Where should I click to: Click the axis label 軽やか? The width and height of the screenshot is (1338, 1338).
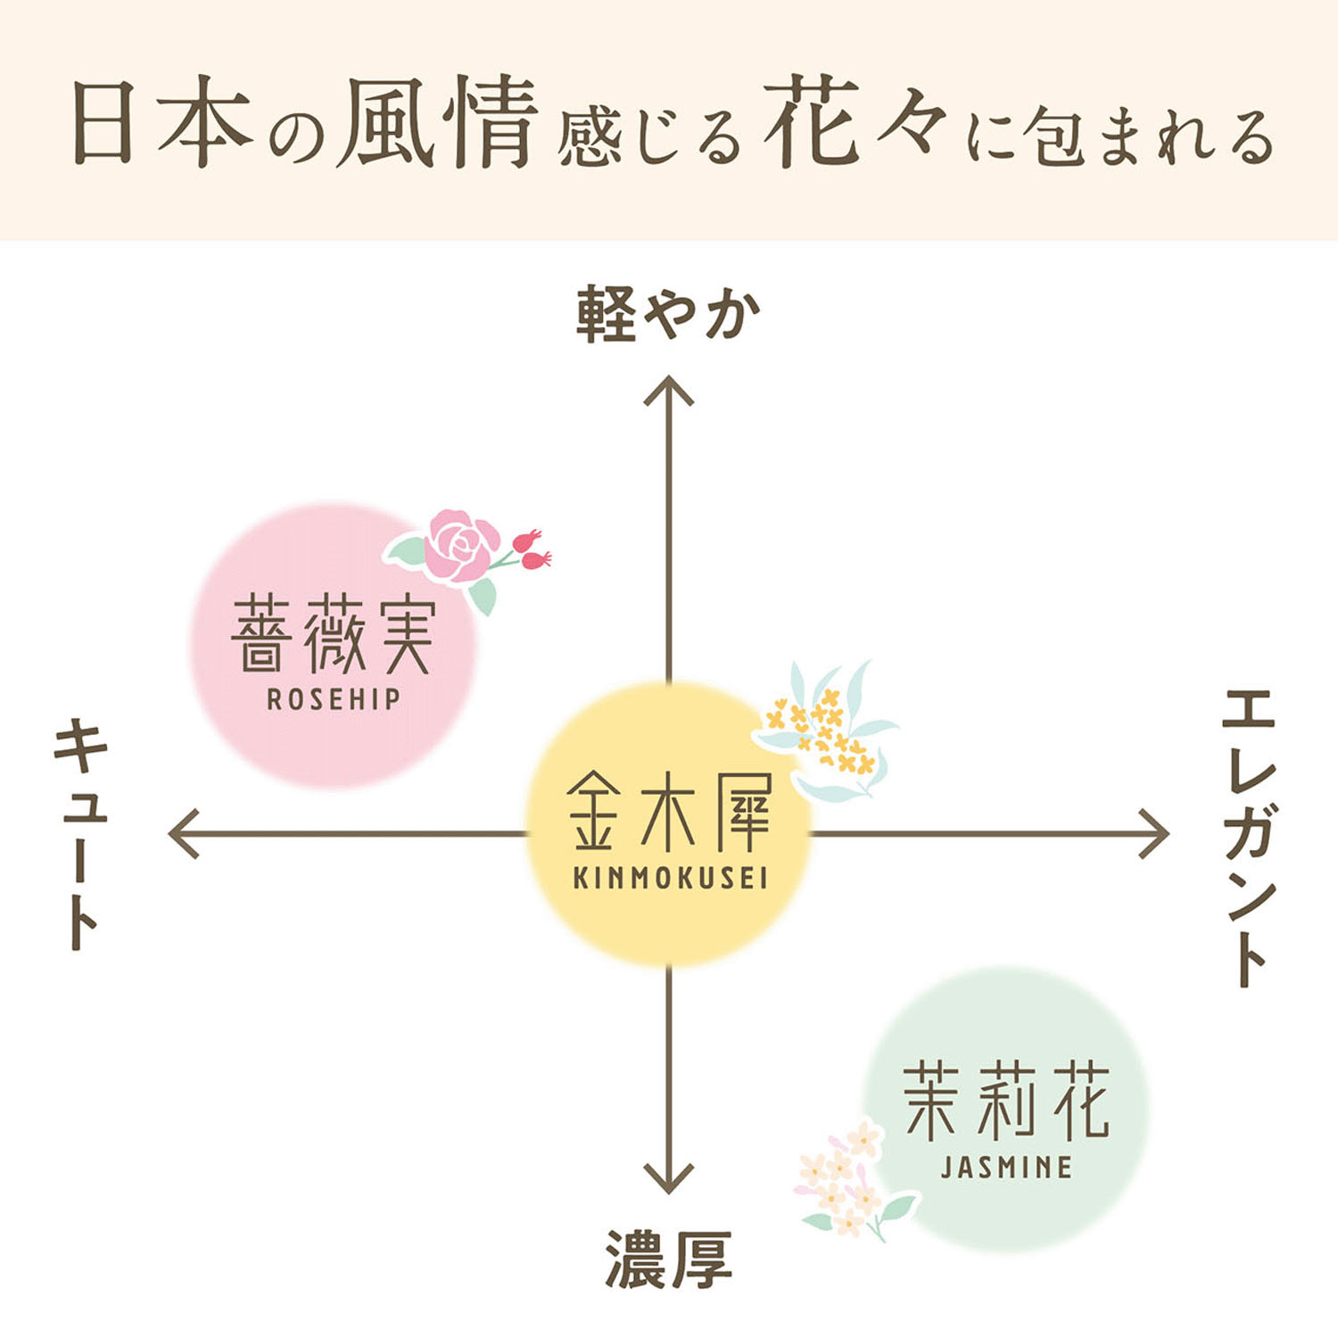(668, 314)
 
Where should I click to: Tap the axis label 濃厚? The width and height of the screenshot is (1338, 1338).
(668, 1260)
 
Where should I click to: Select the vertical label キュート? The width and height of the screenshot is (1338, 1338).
(81, 834)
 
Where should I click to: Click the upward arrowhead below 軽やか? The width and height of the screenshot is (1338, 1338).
(669, 391)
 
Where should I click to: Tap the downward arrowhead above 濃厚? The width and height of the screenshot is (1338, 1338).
(669, 1177)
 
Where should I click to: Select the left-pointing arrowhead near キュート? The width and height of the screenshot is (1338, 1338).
(184, 834)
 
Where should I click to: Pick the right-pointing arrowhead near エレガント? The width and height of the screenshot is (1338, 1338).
(1154, 834)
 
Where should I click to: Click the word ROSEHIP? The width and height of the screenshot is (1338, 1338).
(334, 699)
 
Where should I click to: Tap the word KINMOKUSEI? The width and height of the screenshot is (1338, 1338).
(670, 878)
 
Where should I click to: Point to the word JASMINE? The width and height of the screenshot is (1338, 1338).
(1006, 1168)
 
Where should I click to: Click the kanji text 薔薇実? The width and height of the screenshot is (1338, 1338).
(334, 635)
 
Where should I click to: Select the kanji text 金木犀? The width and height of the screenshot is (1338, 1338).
(669, 813)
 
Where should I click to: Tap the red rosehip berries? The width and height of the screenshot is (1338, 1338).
(533, 549)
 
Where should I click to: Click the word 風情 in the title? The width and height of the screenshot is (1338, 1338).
(437, 122)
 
